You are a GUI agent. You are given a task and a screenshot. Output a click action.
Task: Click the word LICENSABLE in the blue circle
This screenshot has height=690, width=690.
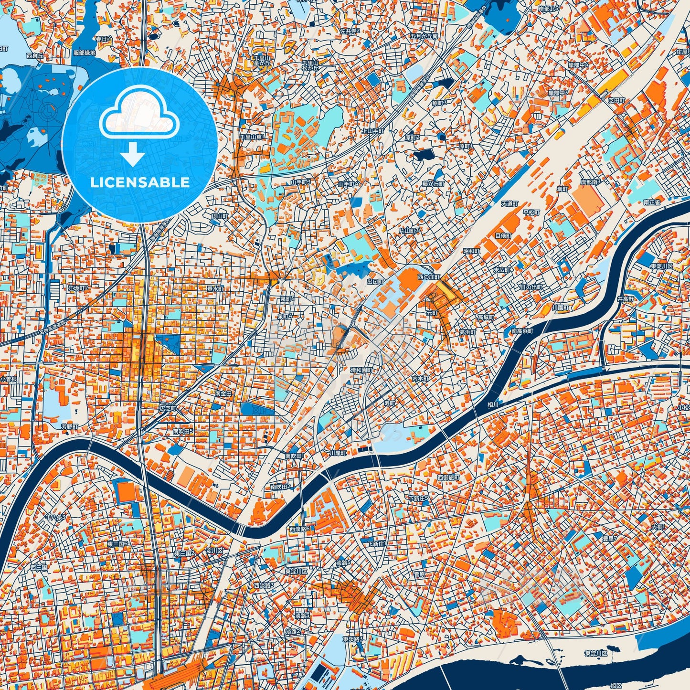[140, 182]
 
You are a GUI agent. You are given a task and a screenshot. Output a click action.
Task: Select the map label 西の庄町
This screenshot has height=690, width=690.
[428, 276]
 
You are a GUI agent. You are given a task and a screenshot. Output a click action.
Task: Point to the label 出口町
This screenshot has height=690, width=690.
[375, 282]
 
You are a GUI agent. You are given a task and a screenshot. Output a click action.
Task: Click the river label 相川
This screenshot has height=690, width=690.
[493, 404]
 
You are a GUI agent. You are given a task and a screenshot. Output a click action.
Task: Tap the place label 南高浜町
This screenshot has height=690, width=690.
[522, 330]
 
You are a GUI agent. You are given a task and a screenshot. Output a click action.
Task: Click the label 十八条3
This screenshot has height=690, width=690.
[55, 517]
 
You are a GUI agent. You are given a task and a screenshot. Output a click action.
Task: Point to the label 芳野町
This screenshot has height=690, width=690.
[69, 426]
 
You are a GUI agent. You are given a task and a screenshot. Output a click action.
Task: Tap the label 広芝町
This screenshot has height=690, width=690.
[168, 409]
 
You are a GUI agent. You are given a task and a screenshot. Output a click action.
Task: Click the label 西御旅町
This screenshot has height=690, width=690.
[448, 477]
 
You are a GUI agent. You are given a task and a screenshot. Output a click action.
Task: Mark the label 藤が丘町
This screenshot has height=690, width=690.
[433, 183]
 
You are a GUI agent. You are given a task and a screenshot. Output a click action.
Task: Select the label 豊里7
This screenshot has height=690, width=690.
[609, 538]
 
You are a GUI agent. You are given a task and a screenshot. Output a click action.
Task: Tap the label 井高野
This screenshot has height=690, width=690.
[626, 298]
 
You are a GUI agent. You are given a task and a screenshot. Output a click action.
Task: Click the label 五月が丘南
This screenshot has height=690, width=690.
[424, 36]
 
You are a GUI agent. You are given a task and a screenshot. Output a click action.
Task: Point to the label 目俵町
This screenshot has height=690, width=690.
[503, 236]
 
